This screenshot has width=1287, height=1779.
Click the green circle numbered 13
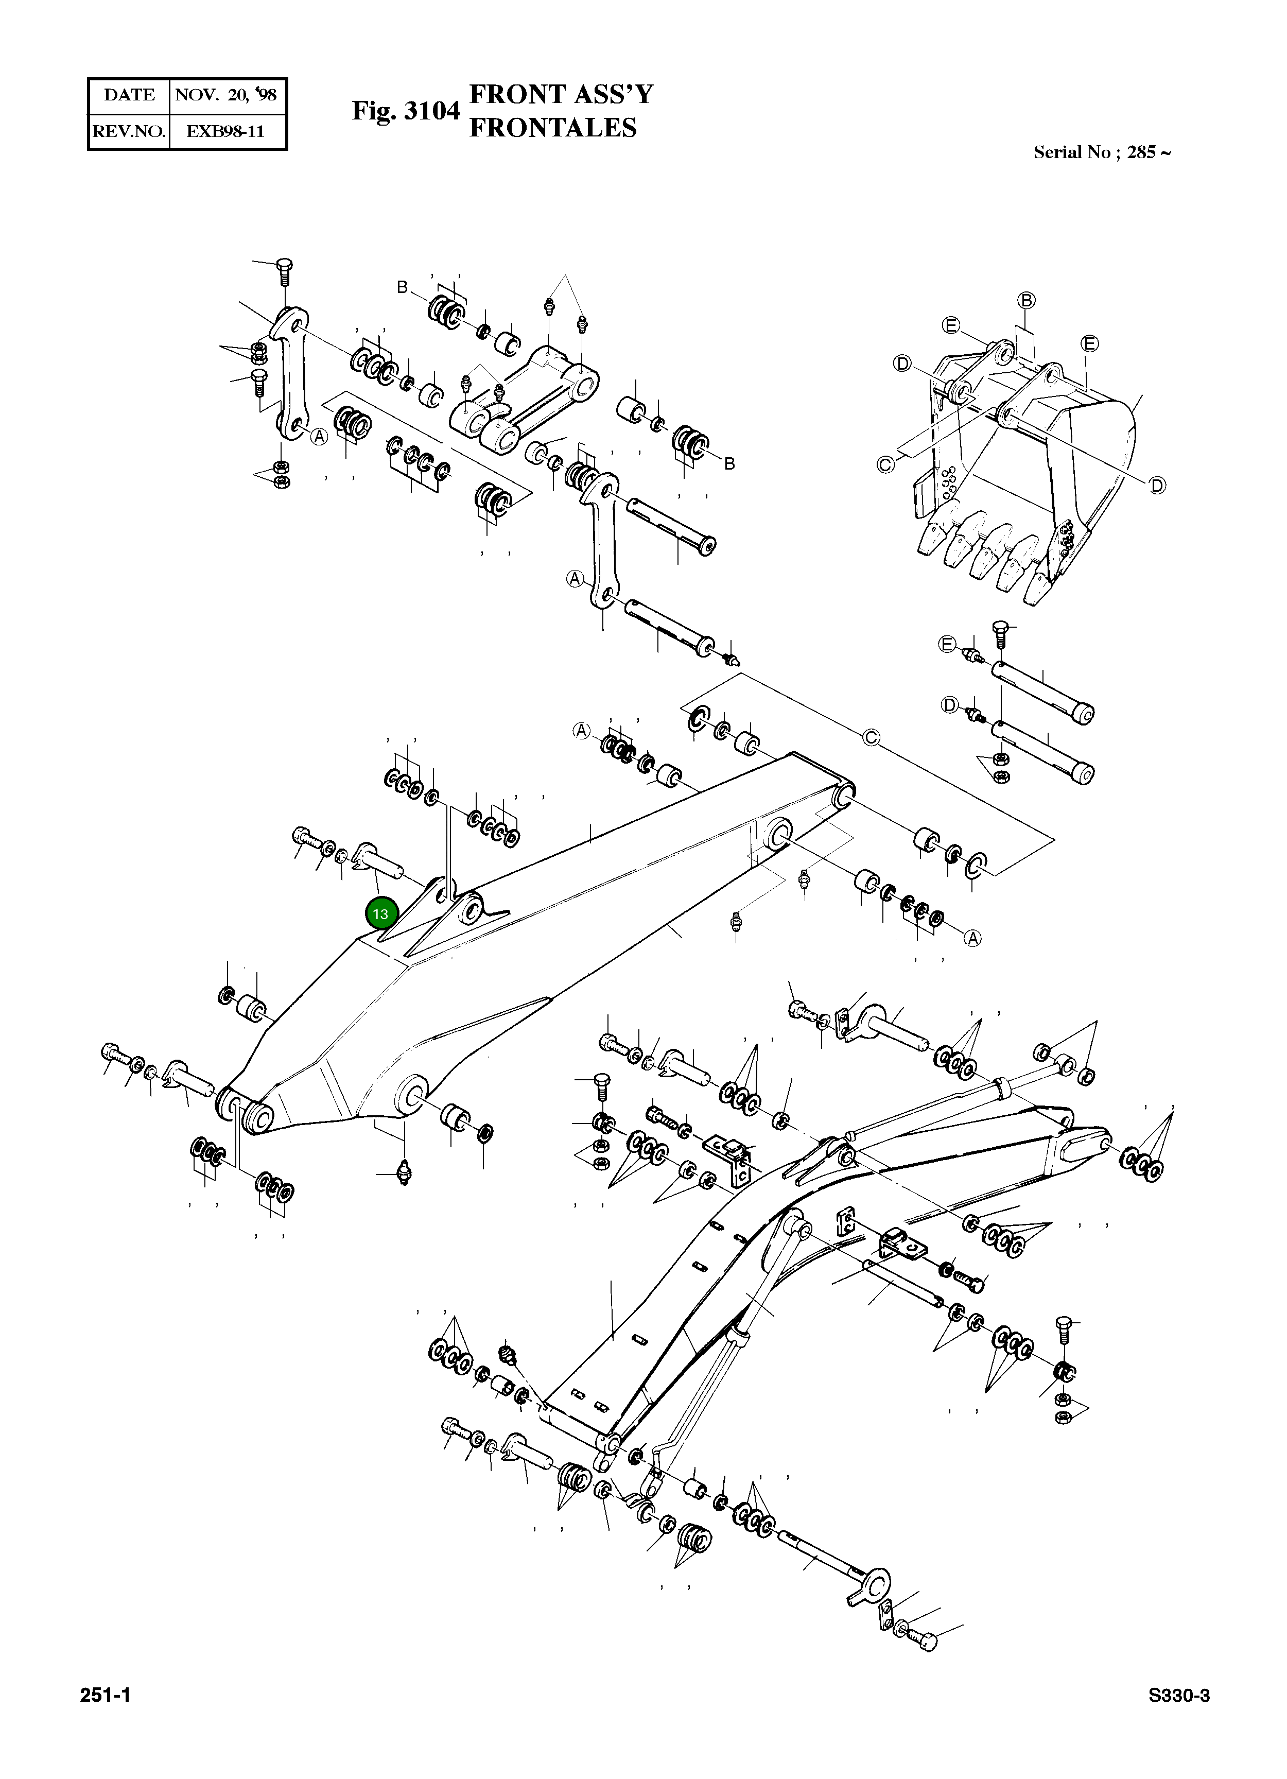(381, 914)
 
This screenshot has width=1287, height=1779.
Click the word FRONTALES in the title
(552, 128)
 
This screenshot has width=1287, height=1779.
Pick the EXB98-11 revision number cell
(225, 131)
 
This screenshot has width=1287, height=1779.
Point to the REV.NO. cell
(129, 131)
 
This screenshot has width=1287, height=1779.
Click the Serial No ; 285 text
(1101, 152)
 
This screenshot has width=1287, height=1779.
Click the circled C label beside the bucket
(884, 465)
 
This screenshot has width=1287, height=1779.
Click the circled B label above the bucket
(1027, 300)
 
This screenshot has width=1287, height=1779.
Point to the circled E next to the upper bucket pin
(947, 645)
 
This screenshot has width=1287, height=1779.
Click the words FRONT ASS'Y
(560, 94)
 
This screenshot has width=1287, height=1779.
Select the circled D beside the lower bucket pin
(950, 705)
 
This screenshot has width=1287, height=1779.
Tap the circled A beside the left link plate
(319, 437)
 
